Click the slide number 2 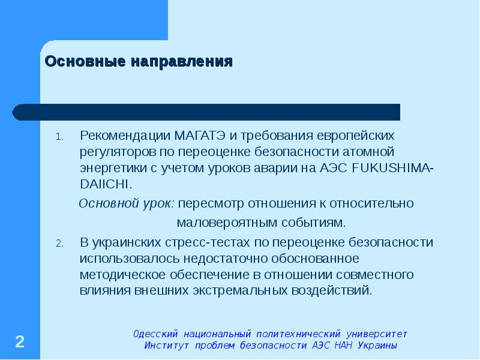(20, 342)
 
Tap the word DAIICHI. (105, 183)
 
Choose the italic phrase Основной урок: (127, 203)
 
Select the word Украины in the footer (377, 346)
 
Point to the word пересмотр (208, 203)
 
